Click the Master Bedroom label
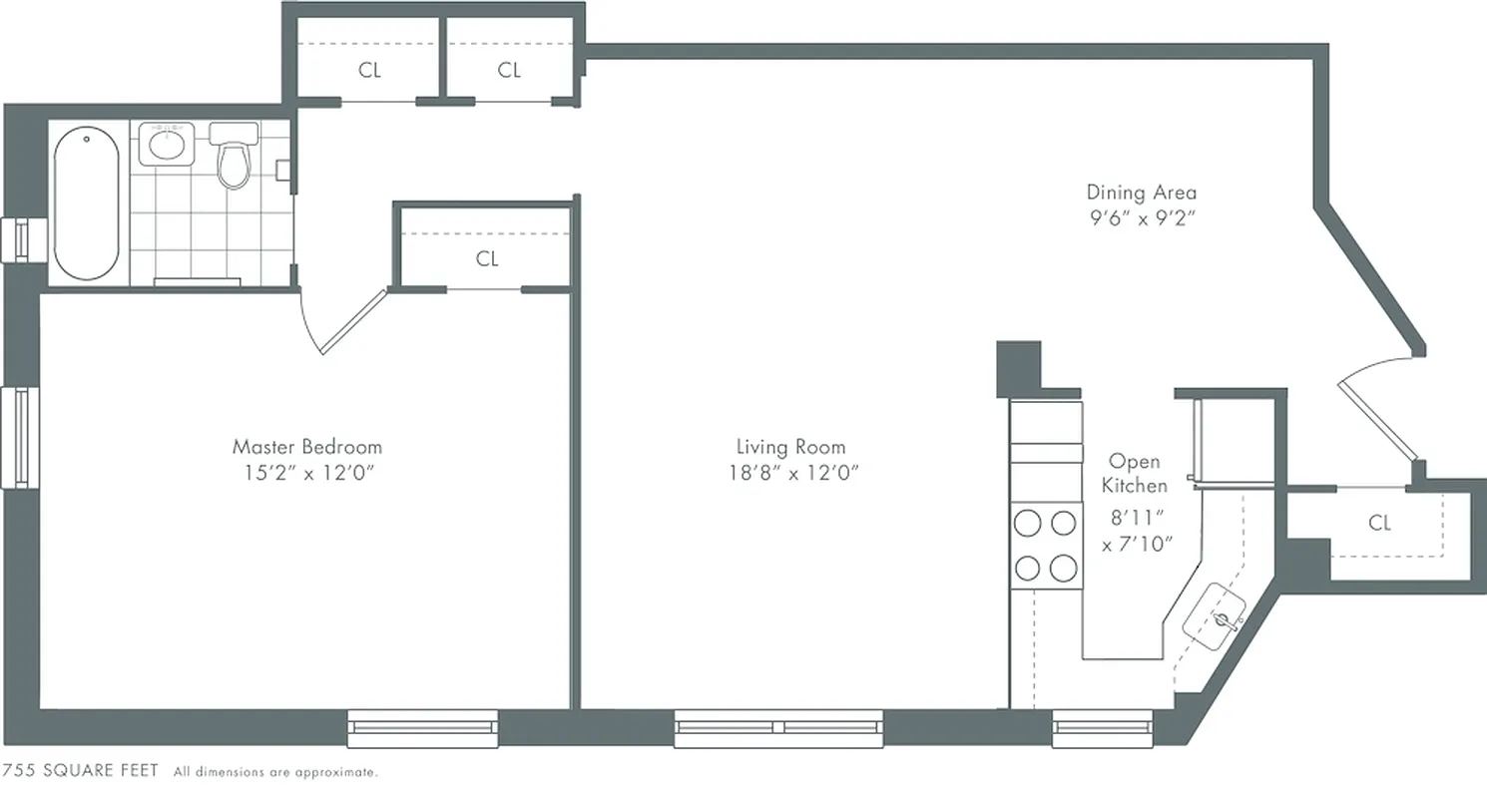click(x=306, y=446)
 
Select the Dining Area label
click(x=1141, y=193)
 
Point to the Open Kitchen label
click(x=1136, y=474)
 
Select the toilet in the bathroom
click(x=234, y=160)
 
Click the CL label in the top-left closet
click(x=369, y=71)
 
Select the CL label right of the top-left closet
click(x=509, y=71)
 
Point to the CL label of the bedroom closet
click(x=486, y=259)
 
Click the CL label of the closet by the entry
click(x=1379, y=523)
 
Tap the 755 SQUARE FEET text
click(x=81, y=771)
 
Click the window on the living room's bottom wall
click(x=778, y=727)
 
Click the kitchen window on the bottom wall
click(x=1104, y=727)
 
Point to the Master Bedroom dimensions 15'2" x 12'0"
click(x=306, y=475)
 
